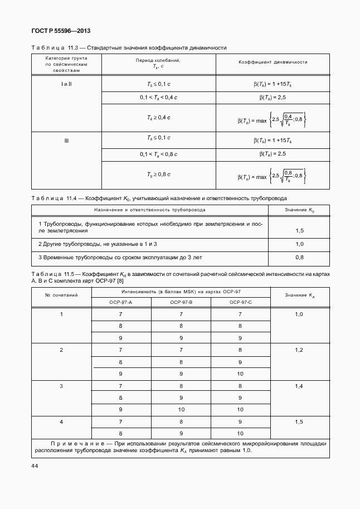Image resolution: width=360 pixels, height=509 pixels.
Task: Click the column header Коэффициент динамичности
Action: point(273,62)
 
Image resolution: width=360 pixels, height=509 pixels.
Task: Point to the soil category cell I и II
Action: point(66,83)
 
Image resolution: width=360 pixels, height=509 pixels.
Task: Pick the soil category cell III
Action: point(66,140)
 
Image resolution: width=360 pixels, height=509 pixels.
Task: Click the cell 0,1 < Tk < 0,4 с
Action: point(158,98)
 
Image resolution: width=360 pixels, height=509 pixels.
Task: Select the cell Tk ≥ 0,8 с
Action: point(158,174)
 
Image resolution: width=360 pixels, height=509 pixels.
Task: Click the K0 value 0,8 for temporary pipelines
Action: point(299,258)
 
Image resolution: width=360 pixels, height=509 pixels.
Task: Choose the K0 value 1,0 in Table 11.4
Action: point(299,244)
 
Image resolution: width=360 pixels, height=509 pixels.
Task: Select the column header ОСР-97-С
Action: point(240,302)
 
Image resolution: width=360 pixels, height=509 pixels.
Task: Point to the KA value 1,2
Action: point(299,350)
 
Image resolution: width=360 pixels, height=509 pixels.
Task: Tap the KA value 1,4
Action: point(299,386)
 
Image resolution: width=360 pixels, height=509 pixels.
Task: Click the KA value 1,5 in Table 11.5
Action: point(299,422)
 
